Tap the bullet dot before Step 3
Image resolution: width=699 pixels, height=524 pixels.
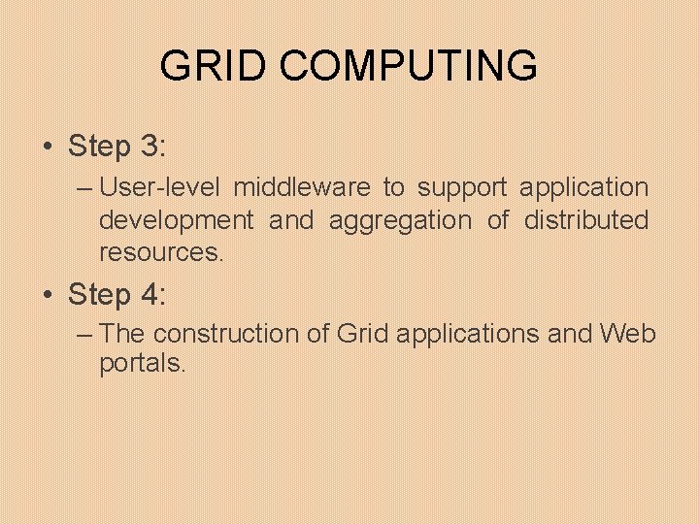pos(48,147)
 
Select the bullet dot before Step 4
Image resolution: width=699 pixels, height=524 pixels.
pos(48,294)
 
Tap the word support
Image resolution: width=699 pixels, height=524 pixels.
pos(462,187)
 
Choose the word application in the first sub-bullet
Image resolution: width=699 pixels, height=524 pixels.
pos(584,187)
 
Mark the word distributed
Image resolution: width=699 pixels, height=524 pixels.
pos(586,220)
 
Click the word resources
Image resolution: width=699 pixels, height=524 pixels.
pos(161,253)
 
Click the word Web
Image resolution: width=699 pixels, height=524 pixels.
pos(628,334)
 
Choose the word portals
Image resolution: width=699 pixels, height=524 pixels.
pos(143,365)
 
